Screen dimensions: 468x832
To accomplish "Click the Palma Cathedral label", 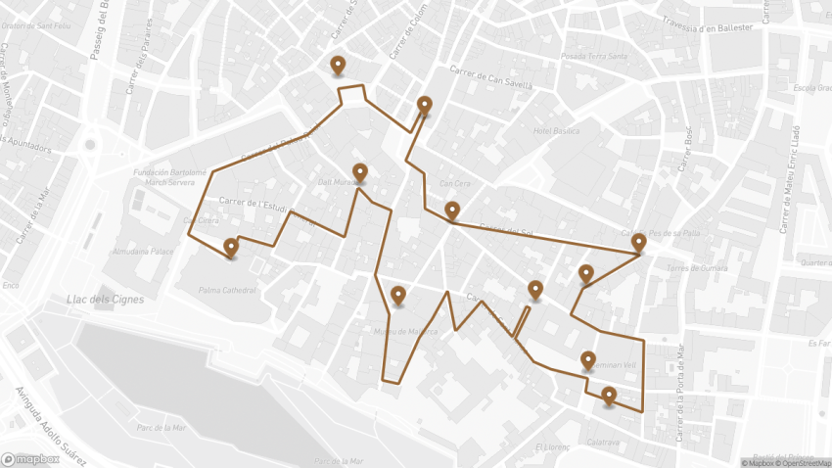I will coord(227,290).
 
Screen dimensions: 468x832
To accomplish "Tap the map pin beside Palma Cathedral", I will coord(231,247).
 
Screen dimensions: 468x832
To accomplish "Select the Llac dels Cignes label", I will coord(105,300).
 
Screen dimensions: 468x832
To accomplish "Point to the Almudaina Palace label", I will coord(143,251).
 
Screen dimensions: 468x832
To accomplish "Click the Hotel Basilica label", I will coord(556,130).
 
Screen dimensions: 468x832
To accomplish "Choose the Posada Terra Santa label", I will coord(593,57).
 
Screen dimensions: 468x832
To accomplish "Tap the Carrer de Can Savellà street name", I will coord(490,77).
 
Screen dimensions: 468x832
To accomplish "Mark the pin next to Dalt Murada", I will coord(360,173).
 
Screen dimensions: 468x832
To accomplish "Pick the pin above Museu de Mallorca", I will coord(398,295).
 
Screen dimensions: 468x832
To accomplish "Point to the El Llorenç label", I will coord(551,447).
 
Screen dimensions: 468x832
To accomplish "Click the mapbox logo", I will coord(31,458).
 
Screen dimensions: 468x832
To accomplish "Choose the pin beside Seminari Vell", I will coord(588,361).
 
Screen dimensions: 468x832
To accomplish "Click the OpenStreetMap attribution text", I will coord(804,463).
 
